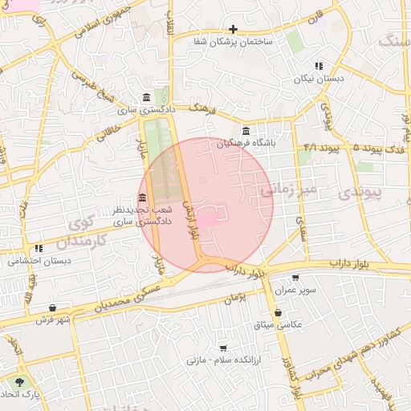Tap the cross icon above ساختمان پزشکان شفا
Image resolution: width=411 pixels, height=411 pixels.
[x=233, y=29]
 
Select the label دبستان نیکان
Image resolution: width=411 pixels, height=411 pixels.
[x=319, y=79]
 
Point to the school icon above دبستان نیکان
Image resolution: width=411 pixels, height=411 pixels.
[x=319, y=67]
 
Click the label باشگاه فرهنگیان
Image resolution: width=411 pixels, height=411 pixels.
[x=246, y=143]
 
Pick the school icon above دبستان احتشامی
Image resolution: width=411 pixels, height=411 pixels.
[x=39, y=249]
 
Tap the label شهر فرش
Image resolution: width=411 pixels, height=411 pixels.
[x=53, y=319]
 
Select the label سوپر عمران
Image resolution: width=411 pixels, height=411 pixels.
[x=295, y=289]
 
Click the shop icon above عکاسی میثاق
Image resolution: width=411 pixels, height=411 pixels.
[x=278, y=313]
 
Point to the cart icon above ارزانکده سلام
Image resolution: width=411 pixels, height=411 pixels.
[x=222, y=348]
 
